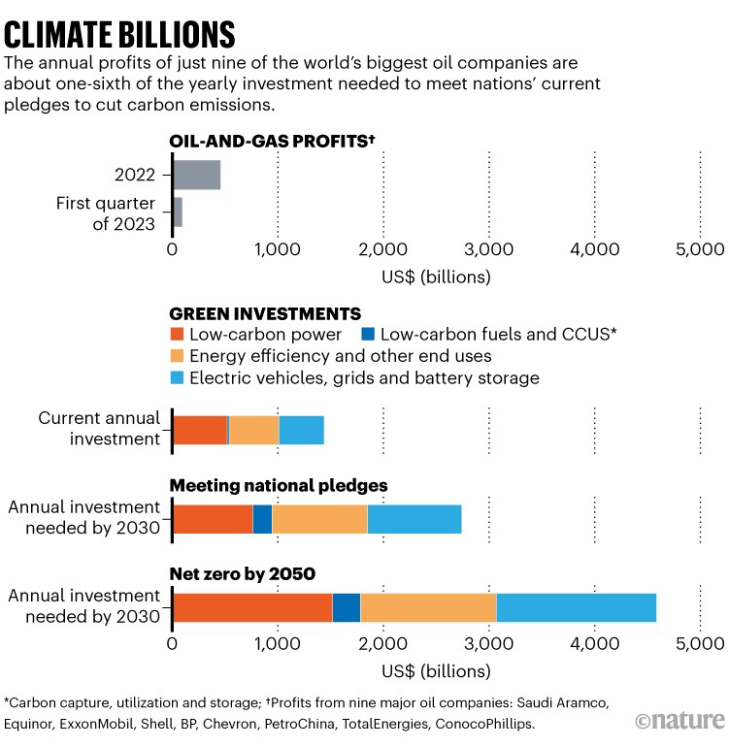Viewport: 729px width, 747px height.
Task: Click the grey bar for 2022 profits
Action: point(197,175)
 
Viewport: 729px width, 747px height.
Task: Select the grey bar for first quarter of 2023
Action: point(179,211)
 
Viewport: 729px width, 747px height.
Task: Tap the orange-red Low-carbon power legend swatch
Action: point(178,335)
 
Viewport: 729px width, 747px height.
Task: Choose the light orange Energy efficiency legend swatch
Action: point(178,356)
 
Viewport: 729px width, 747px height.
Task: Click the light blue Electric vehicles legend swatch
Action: point(178,377)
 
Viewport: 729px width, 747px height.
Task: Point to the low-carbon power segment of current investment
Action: point(200,430)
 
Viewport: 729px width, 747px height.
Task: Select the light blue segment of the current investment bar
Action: point(301,430)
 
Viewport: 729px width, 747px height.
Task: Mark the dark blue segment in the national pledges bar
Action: point(262,519)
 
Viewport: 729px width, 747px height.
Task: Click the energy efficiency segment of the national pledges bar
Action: point(319,519)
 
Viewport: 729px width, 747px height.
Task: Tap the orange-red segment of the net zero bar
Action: point(252,607)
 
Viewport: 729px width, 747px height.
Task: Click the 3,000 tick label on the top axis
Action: point(489,248)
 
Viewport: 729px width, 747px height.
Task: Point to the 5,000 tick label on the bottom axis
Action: point(700,642)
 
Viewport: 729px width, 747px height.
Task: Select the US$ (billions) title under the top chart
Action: point(436,277)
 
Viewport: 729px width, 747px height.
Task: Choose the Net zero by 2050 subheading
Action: point(243,573)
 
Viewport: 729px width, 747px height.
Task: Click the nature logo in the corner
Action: point(680,719)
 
